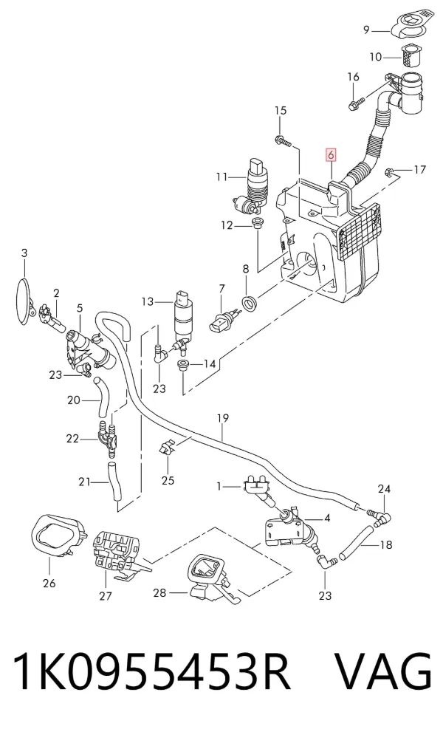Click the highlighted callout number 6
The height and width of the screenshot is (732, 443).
pyautogui.click(x=331, y=154)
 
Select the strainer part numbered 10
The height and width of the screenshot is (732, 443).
pyautogui.click(x=411, y=55)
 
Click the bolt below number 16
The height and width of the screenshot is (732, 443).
pyautogui.click(x=356, y=103)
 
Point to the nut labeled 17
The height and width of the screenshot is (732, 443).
pyautogui.click(x=391, y=173)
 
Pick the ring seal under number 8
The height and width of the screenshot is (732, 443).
pyautogui.click(x=250, y=304)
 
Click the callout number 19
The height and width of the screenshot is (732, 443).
pyautogui.click(x=223, y=418)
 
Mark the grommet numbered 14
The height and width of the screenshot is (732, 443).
pyautogui.click(x=183, y=365)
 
